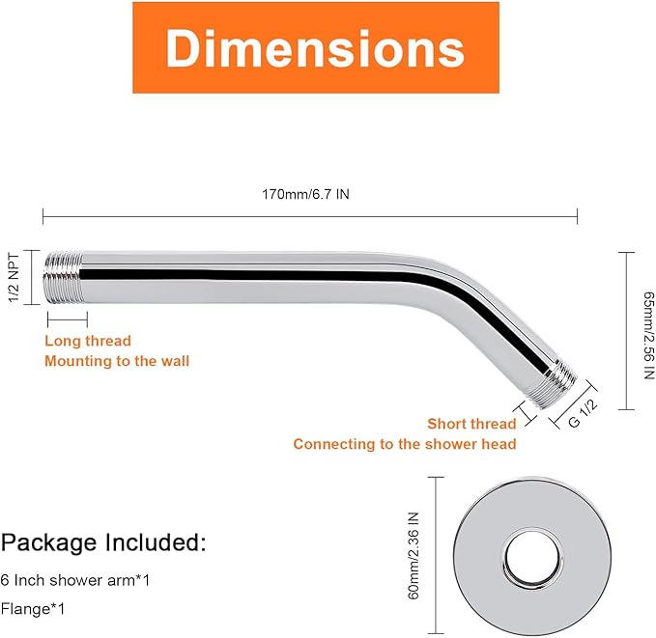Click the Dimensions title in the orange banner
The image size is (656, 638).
point(315,48)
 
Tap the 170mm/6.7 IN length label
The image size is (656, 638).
point(305,194)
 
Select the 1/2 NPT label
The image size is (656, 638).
point(14,277)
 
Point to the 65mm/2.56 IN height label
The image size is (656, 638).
point(648,335)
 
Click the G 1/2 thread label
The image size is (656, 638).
point(583,414)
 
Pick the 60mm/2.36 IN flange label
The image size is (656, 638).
point(414,556)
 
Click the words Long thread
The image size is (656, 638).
point(88,341)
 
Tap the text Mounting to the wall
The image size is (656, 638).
point(117,361)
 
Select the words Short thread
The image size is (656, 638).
point(471,424)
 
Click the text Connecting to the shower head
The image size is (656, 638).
point(405,444)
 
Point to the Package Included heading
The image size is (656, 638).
point(103,542)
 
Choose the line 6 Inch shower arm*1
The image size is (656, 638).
point(75,580)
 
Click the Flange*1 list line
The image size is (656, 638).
point(33,609)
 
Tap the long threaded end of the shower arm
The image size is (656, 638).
point(63,277)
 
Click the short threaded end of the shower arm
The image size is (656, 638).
point(553,385)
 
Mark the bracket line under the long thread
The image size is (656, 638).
point(68,319)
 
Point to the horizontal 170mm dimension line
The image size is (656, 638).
point(310,216)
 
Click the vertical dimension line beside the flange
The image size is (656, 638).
point(436,556)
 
